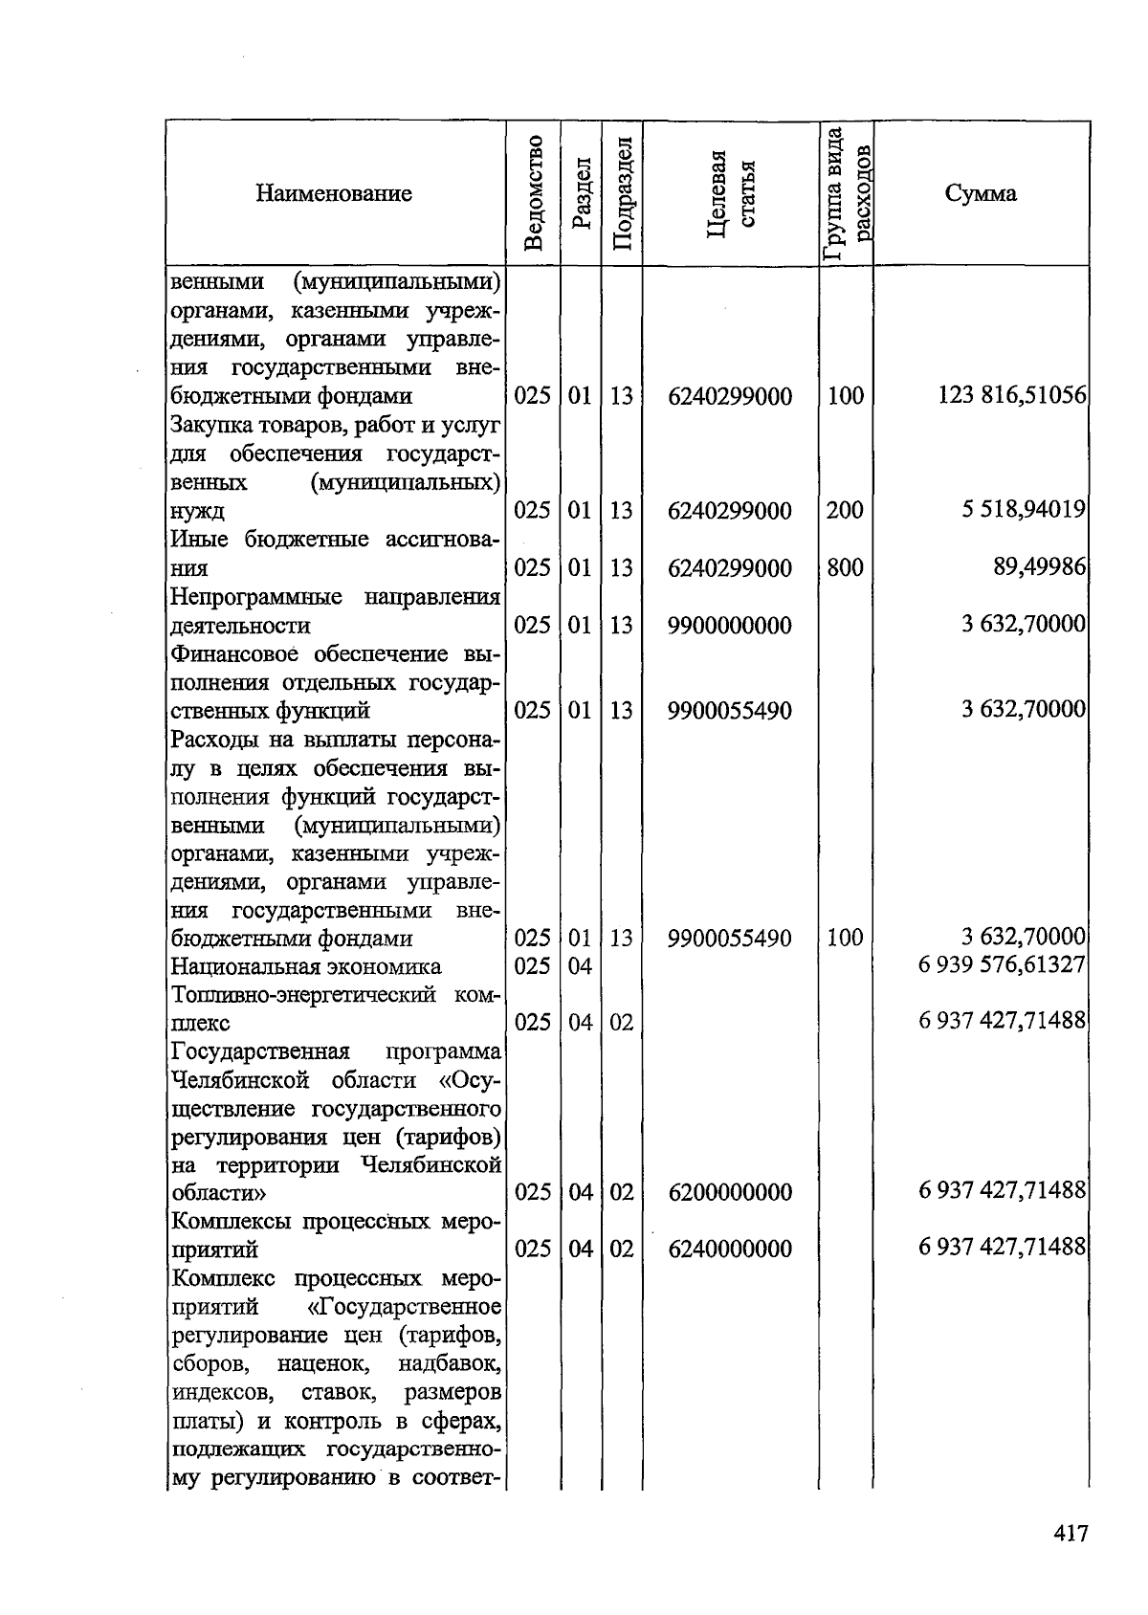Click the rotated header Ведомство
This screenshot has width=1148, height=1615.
click(534, 193)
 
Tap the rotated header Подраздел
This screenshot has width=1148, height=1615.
click(623, 193)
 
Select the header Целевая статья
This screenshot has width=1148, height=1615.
click(731, 193)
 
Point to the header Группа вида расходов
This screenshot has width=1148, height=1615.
click(847, 193)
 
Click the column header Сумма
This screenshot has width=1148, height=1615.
click(981, 193)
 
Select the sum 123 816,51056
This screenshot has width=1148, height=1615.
click(1012, 395)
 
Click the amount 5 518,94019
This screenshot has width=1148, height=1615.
click(1024, 509)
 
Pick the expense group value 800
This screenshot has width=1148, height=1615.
click(845, 567)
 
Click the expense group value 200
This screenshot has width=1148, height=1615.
click(845, 510)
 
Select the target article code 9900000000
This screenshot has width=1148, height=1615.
click(730, 625)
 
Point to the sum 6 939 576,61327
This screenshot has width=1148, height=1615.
click(1002, 965)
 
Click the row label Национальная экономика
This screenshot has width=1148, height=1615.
click(306, 966)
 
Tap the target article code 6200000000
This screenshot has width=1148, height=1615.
click(730, 1192)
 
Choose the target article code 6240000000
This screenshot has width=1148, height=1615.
click(730, 1249)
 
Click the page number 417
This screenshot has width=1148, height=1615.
click(1071, 1534)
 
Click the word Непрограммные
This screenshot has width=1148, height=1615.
click(256, 597)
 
